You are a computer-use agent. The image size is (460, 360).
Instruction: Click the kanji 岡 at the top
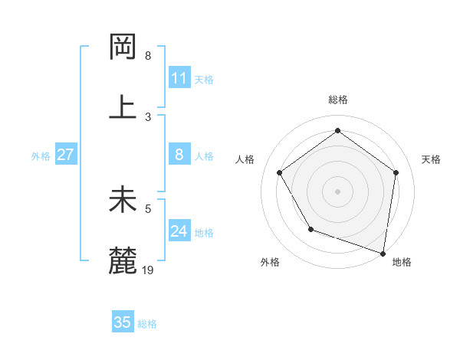click(123, 48)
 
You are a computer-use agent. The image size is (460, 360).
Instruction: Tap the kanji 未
click(123, 201)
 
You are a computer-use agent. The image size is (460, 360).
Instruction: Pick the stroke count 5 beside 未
click(148, 208)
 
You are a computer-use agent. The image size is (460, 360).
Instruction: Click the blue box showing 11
click(179, 78)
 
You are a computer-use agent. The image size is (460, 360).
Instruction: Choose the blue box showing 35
click(123, 322)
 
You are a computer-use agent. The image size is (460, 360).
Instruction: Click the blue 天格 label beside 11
click(204, 79)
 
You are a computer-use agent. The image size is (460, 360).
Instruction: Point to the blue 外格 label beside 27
click(41, 156)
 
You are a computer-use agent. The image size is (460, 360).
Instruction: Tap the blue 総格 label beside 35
click(147, 324)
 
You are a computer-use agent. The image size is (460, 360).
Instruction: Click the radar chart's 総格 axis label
click(338, 100)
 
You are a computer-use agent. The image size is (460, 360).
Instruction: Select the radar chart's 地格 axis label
click(402, 262)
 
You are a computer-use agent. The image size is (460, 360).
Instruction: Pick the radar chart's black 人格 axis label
click(245, 159)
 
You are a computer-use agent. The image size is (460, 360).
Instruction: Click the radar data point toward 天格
click(396, 172)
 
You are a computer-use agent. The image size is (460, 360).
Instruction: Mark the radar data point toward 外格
click(310, 229)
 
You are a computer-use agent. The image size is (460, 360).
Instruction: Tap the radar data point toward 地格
click(383, 253)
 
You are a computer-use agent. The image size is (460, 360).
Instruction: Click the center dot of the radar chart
click(338, 191)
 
